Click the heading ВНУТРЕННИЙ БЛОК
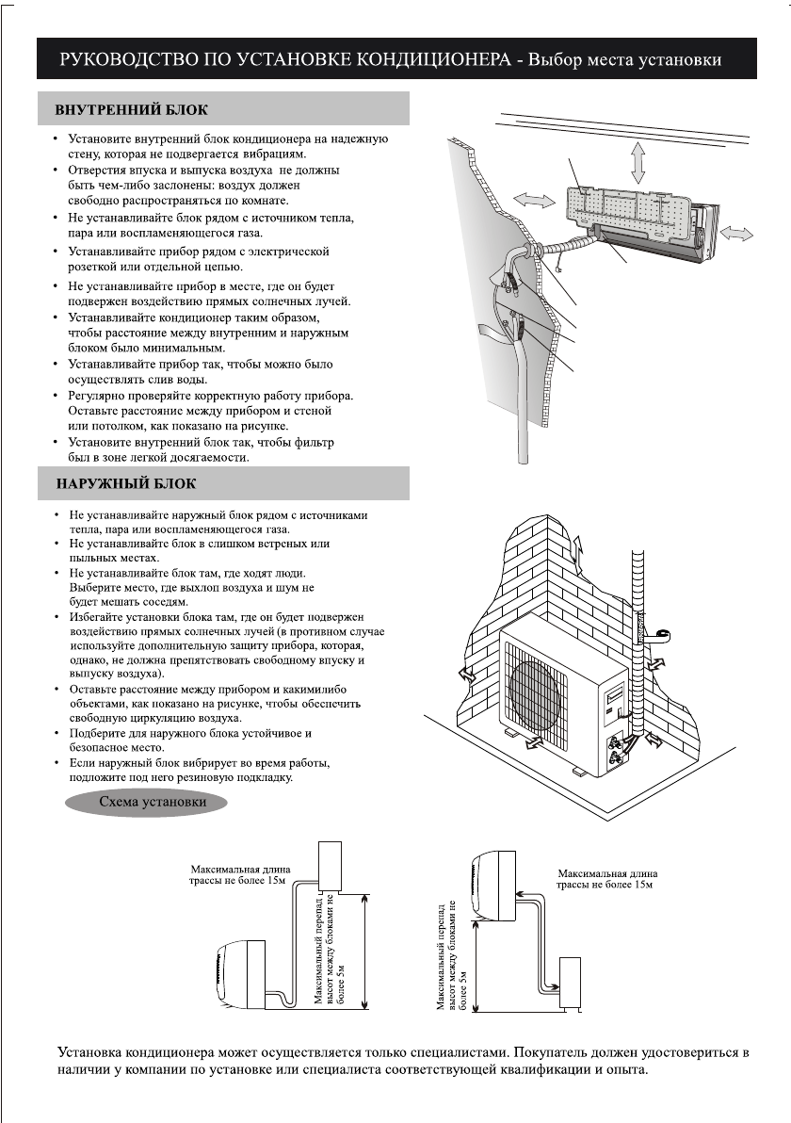point(132,110)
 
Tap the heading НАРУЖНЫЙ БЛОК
point(126,483)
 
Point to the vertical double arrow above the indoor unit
point(638,162)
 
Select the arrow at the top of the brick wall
point(578,549)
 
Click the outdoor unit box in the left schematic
point(336,864)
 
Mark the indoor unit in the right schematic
point(492,885)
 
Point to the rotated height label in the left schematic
point(330,952)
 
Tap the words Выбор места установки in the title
point(625,61)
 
